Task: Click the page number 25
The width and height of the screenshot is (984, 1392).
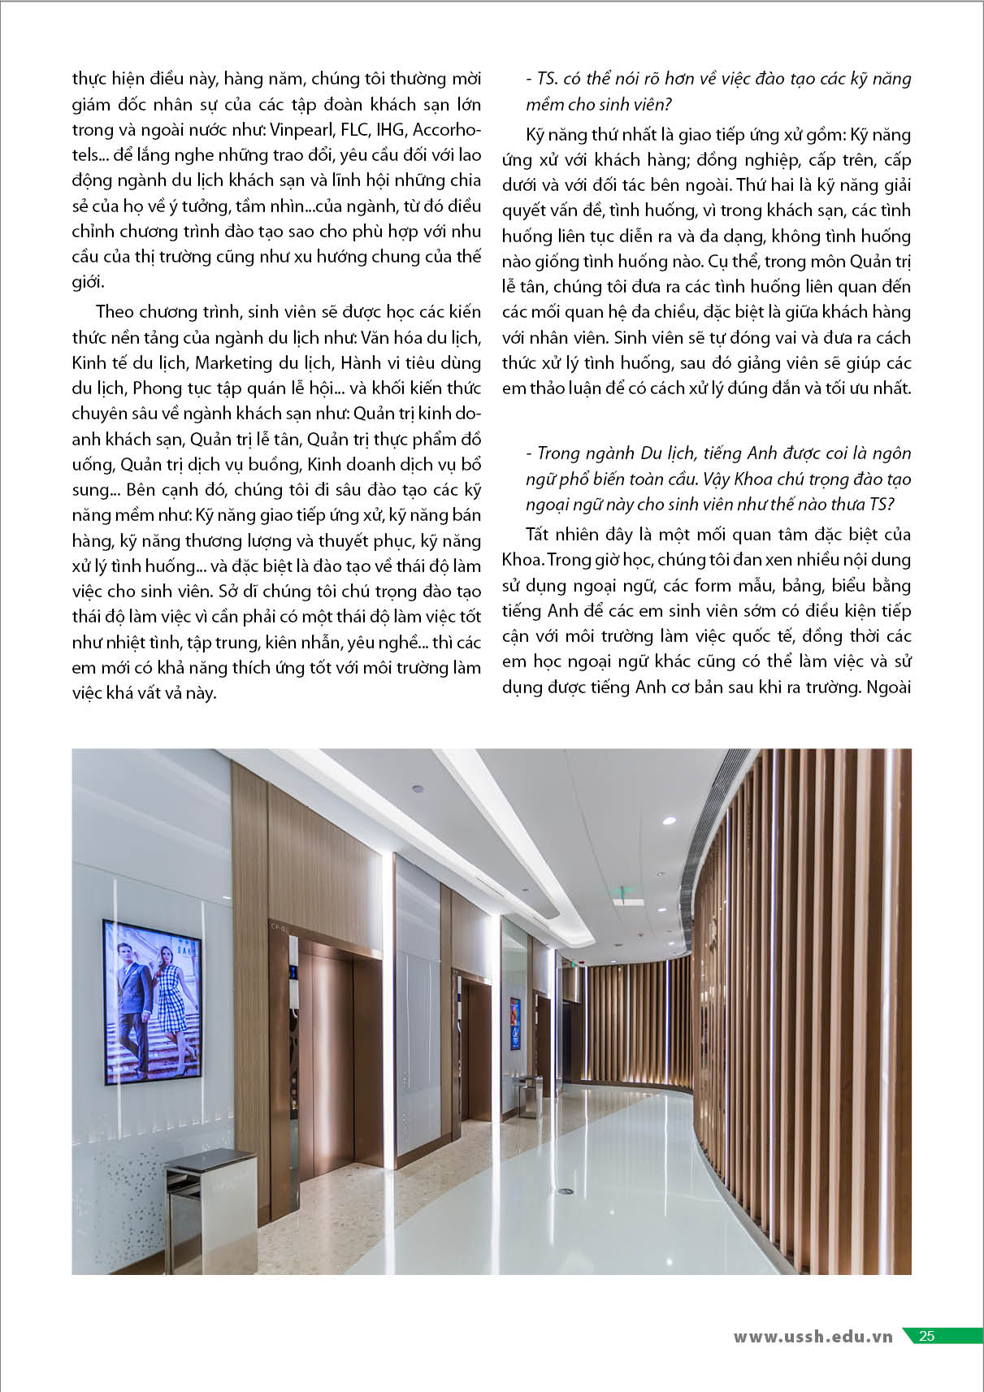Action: tap(926, 1336)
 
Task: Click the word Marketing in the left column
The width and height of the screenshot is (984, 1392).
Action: tap(233, 362)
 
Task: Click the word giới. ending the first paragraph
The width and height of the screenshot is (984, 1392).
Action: tap(88, 283)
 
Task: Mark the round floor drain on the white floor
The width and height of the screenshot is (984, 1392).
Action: tap(565, 1190)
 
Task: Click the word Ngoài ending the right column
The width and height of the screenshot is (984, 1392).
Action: tap(888, 687)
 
